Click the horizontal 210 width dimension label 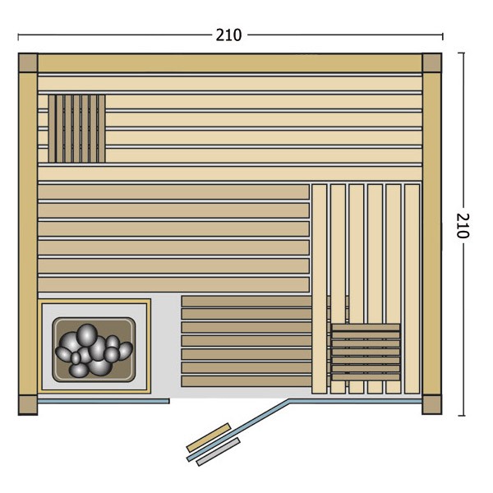pos(228,35)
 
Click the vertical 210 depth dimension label pos(463,225)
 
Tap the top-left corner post pos(28,62)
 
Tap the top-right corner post pos(431,62)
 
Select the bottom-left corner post pos(28,405)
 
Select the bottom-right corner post pos(431,405)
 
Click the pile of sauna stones pos(94,350)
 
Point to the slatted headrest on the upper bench pos(76,129)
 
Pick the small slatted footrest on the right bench pos(366,352)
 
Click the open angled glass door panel pos(238,430)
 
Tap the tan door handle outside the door pos(209,437)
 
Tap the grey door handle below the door pos(219,451)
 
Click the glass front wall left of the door pos(104,401)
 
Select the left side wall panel pos(28,234)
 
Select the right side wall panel pos(431,234)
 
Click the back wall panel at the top pos(230,63)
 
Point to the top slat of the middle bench pos(173,191)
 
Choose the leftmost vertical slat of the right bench pos(319,288)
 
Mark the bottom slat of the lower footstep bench pos(246,381)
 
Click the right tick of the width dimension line pos(442,36)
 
